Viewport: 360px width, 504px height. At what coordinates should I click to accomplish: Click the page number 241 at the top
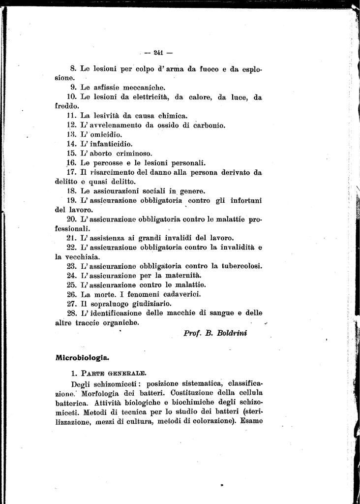pyautogui.click(x=158, y=52)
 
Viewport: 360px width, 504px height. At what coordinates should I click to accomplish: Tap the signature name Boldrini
pyautogui.click(x=234, y=333)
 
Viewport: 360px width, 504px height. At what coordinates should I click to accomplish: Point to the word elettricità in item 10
pyautogui.click(x=144, y=97)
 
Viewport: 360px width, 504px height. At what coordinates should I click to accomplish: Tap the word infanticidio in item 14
pyautogui.click(x=109, y=144)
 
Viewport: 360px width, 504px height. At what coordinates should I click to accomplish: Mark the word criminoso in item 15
pyautogui.click(x=131, y=154)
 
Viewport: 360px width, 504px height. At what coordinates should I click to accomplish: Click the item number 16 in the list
pyautogui.click(x=71, y=163)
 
